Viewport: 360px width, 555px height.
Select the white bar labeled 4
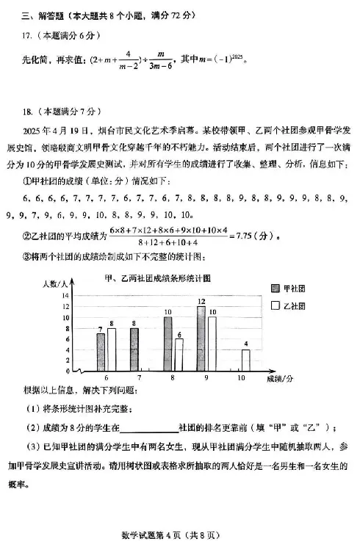pyautogui.click(x=245, y=360)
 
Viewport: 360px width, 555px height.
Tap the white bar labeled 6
pyautogui.click(x=179, y=354)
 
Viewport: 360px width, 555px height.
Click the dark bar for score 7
pyautogui.click(x=134, y=349)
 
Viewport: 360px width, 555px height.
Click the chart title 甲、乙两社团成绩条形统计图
pyautogui.click(x=157, y=277)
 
